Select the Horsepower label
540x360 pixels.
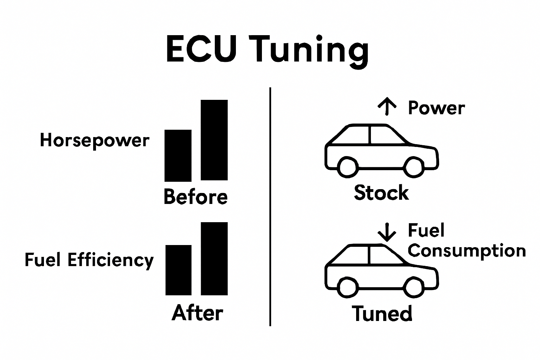(95, 141)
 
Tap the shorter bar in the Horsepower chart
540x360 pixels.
(178, 155)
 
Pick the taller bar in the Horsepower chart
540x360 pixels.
(214, 140)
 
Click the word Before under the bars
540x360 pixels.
(195, 197)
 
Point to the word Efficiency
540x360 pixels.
(110, 261)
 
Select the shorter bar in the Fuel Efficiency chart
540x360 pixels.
(178, 270)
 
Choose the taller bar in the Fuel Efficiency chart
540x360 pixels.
(214, 258)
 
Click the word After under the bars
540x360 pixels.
(197, 313)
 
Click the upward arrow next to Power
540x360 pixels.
(387, 107)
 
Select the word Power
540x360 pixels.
(436, 108)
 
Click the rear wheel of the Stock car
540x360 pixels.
(348, 167)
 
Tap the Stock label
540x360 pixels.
(381, 193)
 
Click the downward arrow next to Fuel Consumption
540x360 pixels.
(387, 232)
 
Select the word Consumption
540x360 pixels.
(467, 251)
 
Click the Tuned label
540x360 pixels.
(382, 313)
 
